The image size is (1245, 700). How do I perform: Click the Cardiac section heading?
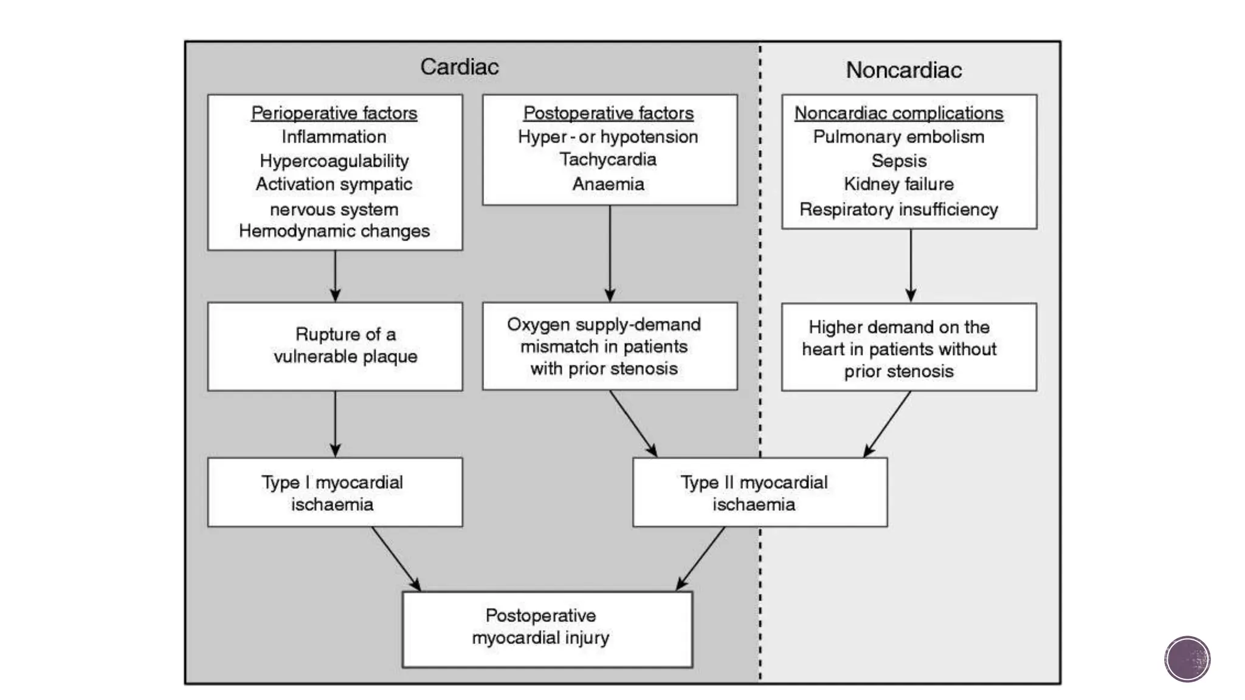(459, 67)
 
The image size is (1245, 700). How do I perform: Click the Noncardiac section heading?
(903, 70)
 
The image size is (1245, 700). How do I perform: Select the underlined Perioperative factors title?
(334, 113)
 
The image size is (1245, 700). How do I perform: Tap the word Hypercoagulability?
(334, 160)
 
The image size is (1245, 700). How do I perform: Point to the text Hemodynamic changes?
(334, 231)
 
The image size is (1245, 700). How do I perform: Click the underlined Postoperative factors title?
(608, 113)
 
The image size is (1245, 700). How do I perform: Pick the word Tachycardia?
(608, 159)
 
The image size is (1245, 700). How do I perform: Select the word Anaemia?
(608, 184)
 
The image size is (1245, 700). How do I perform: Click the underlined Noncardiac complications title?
(898, 113)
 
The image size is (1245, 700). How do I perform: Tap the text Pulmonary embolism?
(898, 137)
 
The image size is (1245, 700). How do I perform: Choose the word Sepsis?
(898, 160)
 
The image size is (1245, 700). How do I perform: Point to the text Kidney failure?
(898, 184)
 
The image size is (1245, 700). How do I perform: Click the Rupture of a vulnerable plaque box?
(335, 346)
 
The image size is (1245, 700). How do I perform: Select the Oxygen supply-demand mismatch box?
(609, 346)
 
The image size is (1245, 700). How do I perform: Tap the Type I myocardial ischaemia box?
(335, 492)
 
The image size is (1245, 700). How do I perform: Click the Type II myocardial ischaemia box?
(759, 492)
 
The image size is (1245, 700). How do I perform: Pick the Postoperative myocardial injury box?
(547, 629)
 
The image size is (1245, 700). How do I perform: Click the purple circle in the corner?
(1187, 659)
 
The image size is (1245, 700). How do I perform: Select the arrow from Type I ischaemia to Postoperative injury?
(396, 558)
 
